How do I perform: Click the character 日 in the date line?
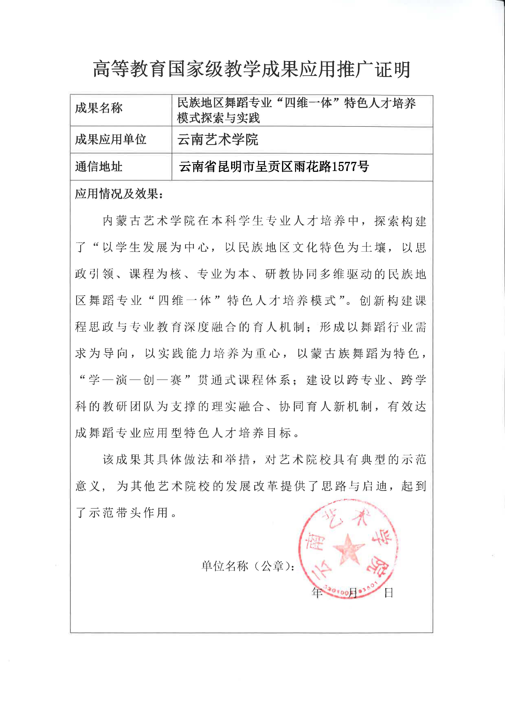pos(389,593)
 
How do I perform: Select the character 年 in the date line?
pos(317,593)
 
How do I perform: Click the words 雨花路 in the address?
pos(313,167)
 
